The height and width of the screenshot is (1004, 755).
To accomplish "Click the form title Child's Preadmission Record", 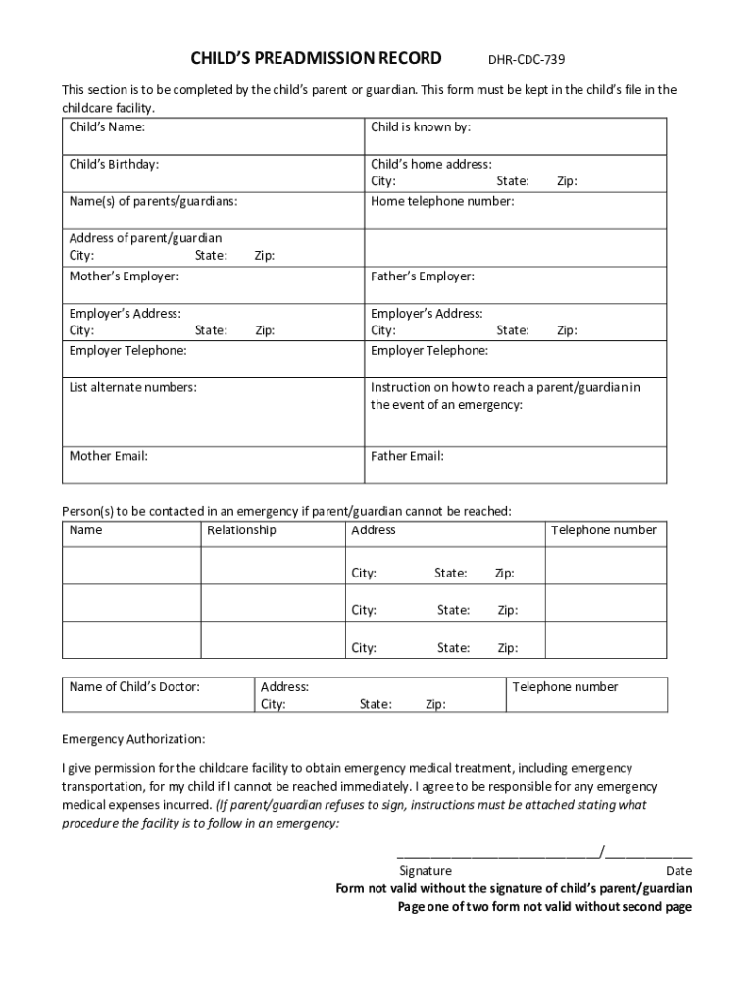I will pyautogui.click(x=316, y=57).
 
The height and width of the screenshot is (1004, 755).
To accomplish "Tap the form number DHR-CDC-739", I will pyautogui.click(x=527, y=59).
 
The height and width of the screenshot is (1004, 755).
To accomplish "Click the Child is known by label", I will pyautogui.click(x=421, y=127).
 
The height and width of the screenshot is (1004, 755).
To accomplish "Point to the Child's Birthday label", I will pyautogui.click(x=114, y=165).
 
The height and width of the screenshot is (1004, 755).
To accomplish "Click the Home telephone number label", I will pyautogui.click(x=441, y=202).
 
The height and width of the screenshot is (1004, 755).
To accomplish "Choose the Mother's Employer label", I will pyautogui.click(x=124, y=276).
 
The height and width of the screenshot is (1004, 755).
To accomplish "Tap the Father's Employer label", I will pyautogui.click(x=423, y=276).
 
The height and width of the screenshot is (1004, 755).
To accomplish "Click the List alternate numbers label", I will pyautogui.click(x=132, y=388).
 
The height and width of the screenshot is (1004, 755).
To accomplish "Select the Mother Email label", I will pyautogui.click(x=108, y=456).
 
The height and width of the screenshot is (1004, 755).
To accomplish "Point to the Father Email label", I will pyautogui.click(x=407, y=456).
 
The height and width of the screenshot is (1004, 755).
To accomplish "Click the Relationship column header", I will pyautogui.click(x=241, y=530).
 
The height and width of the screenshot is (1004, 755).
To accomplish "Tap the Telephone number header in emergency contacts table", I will pyautogui.click(x=603, y=530).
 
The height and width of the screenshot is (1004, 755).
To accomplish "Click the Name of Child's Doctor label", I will pyautogui.click(x=134, y=687).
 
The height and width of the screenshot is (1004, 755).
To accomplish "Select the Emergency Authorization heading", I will pyautogui.click(x=133, y=738).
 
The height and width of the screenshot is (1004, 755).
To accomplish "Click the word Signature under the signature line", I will pyautogui.click(x=425, y=871).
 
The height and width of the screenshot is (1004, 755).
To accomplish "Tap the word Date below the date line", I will pyautogui.click(x=679, y=871).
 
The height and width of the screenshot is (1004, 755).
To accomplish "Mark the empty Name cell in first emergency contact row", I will pyautogui.click(x=131, y=565).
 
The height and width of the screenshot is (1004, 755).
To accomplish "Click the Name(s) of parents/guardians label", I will pyautogui.click(x=153, y=202).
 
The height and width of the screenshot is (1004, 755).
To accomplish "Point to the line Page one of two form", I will pyautogui.click(x=544, y=907).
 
